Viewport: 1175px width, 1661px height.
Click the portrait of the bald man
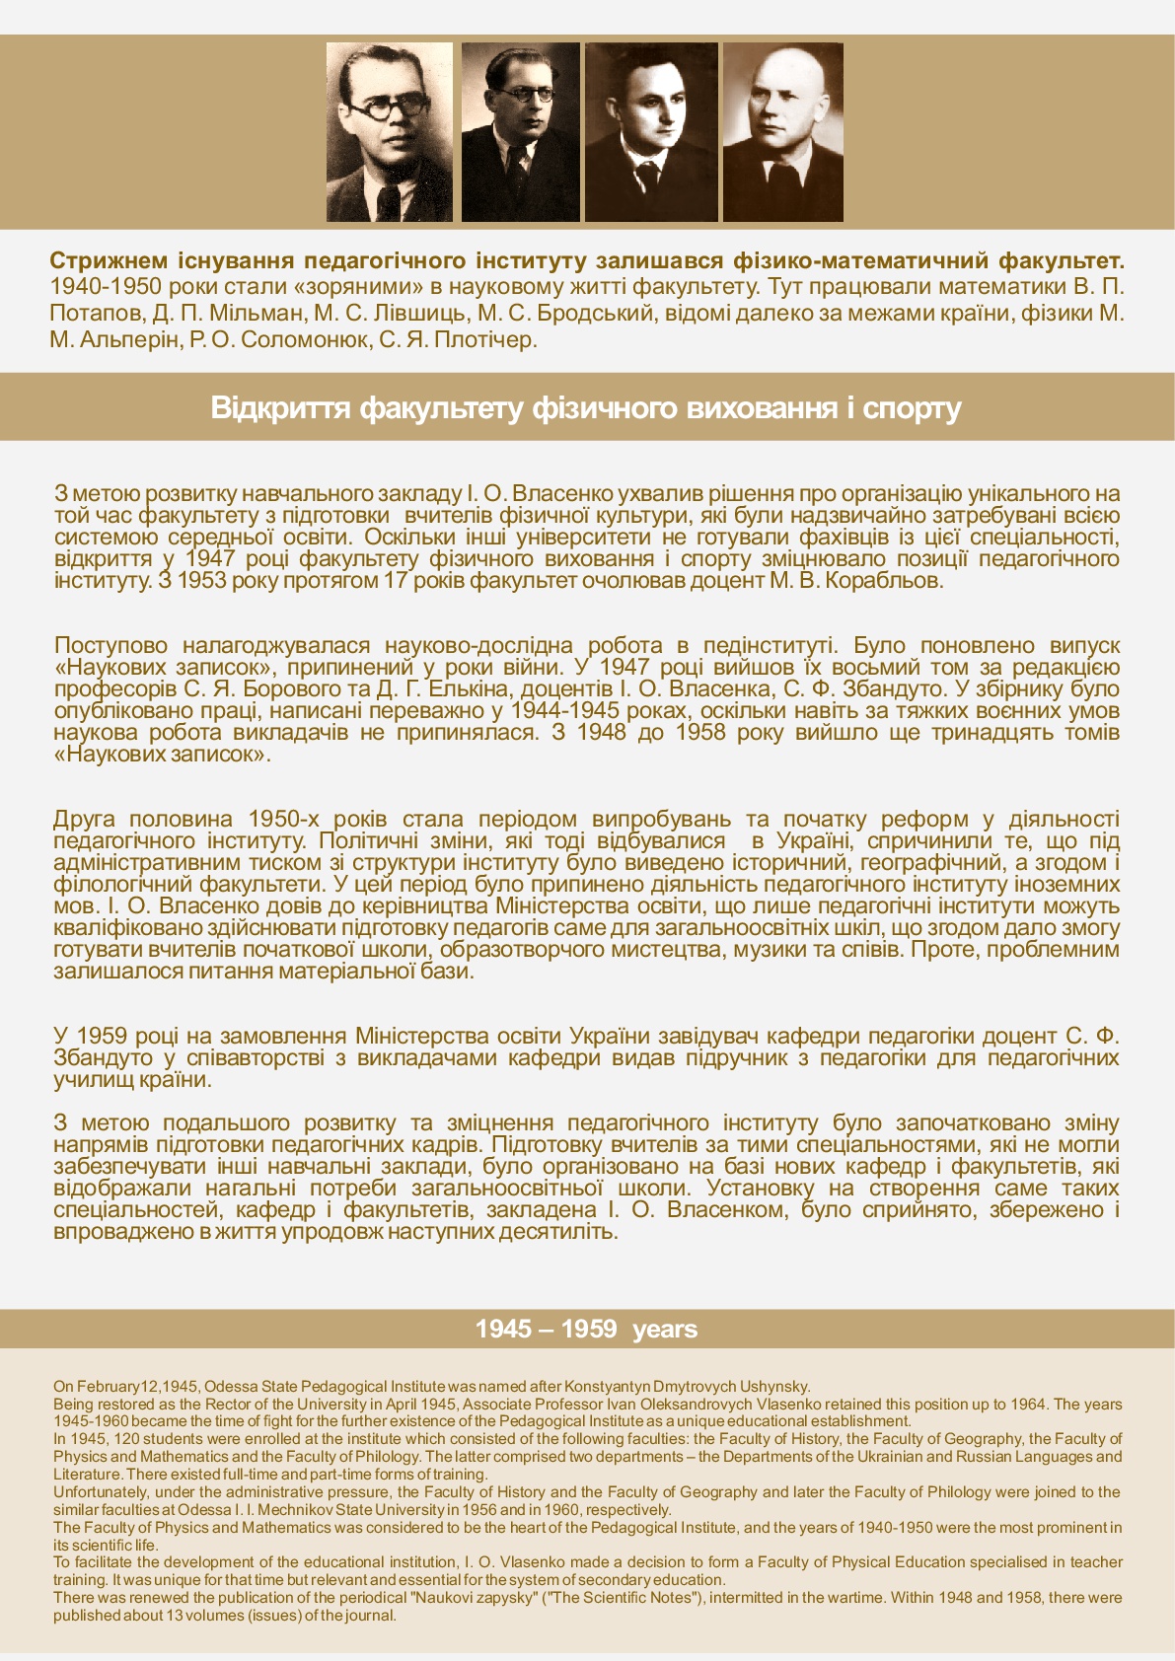pyautogui.click(x=782, y=131)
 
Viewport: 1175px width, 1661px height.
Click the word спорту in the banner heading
pyautogui.click(x=915, y=408)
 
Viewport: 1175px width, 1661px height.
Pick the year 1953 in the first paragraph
pyautogui.click(x=200, y=580)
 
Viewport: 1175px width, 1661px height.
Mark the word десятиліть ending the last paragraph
pyautogui.click(x=558, y=1232)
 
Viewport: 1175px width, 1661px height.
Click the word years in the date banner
pyautogui.click(x=665, y=1330)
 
